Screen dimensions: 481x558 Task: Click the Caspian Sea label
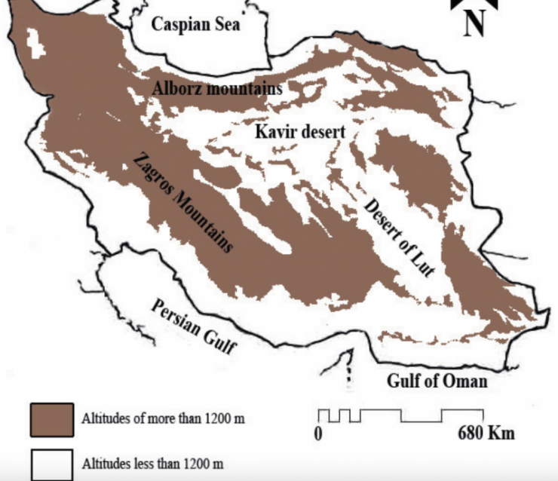196,25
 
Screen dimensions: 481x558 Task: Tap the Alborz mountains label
217,88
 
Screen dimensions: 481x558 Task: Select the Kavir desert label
299,132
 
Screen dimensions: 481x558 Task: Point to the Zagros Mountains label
182,201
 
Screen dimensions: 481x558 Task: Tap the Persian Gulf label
194,326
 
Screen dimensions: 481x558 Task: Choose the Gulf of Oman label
437,381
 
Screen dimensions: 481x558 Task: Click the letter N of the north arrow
474,23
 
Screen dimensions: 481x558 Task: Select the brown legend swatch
52,419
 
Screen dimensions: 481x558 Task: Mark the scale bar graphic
400,415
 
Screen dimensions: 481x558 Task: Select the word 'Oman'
467,381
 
